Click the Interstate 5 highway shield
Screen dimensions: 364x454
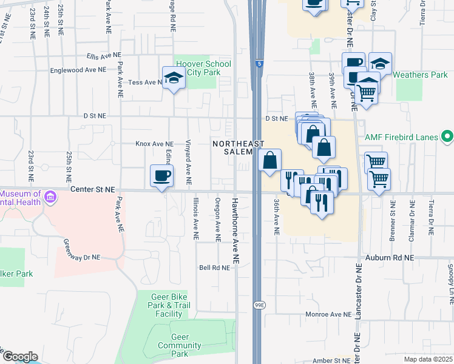[x=259, y=62]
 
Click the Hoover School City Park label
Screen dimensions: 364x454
[x=203, y=68]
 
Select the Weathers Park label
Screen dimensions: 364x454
[x=420, y=75]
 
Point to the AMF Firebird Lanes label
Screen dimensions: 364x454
[x=401, y=137]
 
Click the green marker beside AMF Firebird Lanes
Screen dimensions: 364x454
[x=447, y=136]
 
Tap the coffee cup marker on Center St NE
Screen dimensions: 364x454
[x=161, y=177]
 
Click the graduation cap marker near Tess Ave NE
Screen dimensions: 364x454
[x=174, y=78]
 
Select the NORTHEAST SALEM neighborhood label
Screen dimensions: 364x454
[x=238, y=147]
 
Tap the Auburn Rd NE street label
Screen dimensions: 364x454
[x=389, y=258]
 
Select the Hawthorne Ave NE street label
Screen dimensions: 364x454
[x=235, y=229]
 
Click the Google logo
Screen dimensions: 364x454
[x=20, y=357]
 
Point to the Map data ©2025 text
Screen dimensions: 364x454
[x=428, y=359]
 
